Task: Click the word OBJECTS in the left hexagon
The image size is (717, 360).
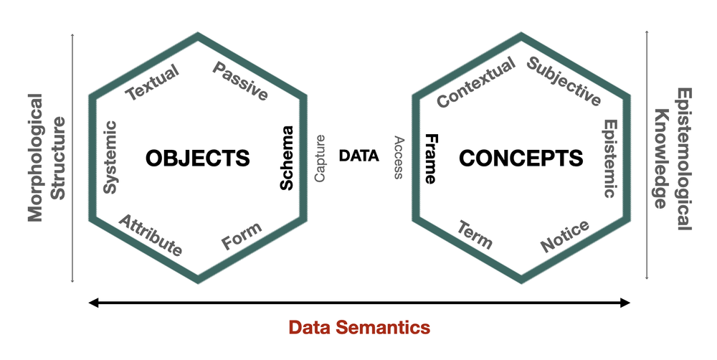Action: [198, 158]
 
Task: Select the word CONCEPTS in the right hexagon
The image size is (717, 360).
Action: [521, 158]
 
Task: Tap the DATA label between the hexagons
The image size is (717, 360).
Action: [358, 156]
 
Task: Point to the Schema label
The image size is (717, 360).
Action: [287, 158]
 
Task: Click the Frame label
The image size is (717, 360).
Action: [430, 158]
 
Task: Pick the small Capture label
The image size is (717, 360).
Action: [320, 158]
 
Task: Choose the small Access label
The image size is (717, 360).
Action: [399, 158]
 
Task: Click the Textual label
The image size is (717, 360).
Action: [152, 84]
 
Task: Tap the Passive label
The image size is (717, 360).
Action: [241, 82]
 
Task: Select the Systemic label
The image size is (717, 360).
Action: [110, 156]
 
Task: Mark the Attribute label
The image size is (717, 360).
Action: [151, 235]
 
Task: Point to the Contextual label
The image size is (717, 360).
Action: [476, 84]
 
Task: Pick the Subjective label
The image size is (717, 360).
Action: [564, 82]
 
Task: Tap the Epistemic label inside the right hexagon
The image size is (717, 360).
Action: [609, 158]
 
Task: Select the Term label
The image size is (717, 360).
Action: [475, 235]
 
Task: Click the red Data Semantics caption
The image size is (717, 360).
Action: [359, 328]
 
